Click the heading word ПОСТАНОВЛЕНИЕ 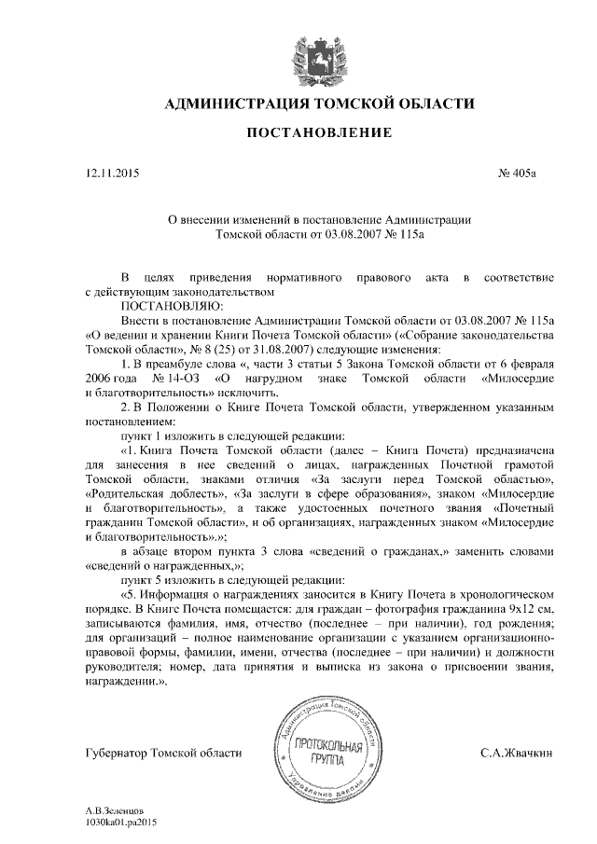tap(318, 134)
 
